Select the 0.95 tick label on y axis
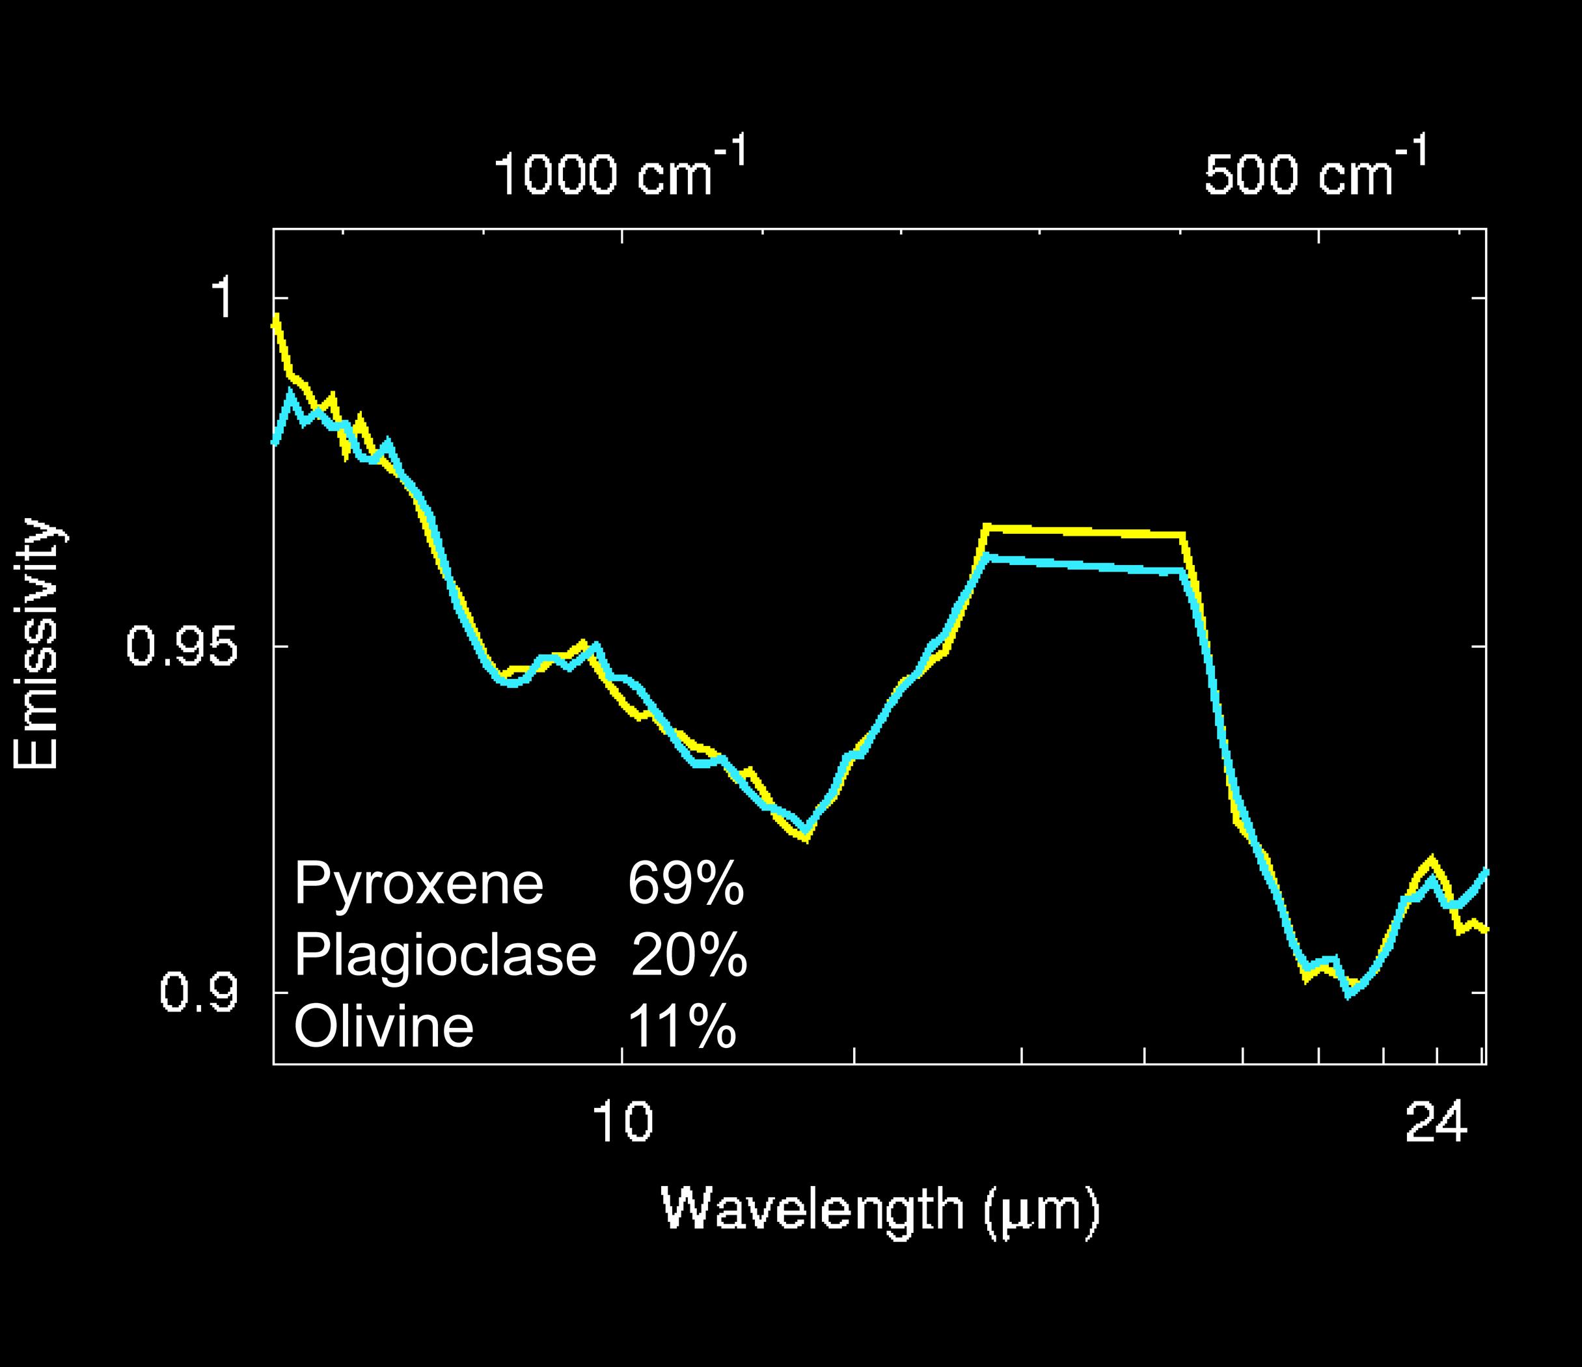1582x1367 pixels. pos(182,646)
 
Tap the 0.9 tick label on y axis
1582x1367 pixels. pos(199,993)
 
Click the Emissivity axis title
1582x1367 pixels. pos(36,644)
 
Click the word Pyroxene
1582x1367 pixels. pos(418,883)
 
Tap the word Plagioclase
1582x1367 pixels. pos(444,954)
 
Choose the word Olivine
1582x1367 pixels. pos(384,1026)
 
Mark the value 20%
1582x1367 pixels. pos(689,954)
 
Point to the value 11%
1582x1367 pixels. pos(682,1026)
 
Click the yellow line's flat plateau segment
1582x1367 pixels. pos(1084,530)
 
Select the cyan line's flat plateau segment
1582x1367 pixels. pos(1084,565)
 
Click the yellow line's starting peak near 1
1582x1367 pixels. pos(277,319)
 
